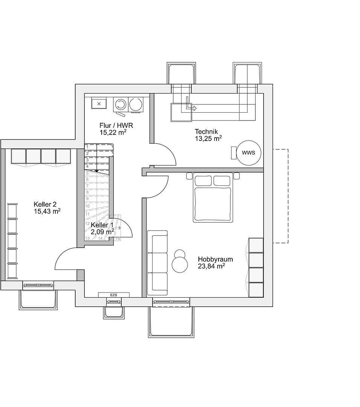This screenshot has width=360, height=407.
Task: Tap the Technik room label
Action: point(206,132)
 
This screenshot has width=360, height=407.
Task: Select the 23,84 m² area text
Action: point(211,266)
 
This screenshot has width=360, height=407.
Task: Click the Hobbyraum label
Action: point(215,259)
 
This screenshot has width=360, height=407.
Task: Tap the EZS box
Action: point(114,295)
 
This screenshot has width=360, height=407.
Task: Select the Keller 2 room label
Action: point(45,204)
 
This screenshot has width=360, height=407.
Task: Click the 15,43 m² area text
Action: point(47,211)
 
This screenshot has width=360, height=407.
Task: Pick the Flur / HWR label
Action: point(116,125)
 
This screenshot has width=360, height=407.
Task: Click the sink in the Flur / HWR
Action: point(99,103)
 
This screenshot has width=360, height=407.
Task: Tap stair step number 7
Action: point(87,186)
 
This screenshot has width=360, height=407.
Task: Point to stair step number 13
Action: point(87,238)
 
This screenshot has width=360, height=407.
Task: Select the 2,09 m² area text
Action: point(102,232)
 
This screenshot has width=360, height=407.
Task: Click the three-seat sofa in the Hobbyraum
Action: point(157,263)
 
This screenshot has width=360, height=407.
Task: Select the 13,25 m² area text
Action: point(208,138)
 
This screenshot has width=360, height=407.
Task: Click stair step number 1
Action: point(87,147)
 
